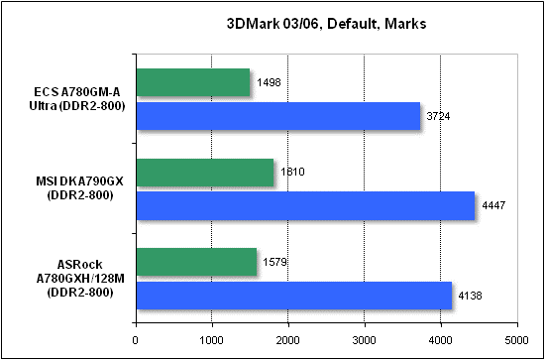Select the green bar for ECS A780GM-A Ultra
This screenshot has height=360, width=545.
click(192, 83)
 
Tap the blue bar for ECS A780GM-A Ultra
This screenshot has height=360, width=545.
click(277, 116)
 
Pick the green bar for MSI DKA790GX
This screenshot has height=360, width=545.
click(204, 173)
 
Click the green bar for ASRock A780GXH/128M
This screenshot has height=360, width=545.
click(195, 262)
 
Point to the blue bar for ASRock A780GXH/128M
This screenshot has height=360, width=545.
click(293, 295)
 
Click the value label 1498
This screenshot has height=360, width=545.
click(269, 82)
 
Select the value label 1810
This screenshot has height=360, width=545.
click(292, 172)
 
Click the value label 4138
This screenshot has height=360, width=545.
click(472, 295)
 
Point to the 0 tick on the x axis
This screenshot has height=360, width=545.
click(135, 339)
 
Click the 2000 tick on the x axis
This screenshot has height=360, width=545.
click(287, 339)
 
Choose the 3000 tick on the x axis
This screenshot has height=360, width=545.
click(364, 339)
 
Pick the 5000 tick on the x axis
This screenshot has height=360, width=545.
click(516, 339)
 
